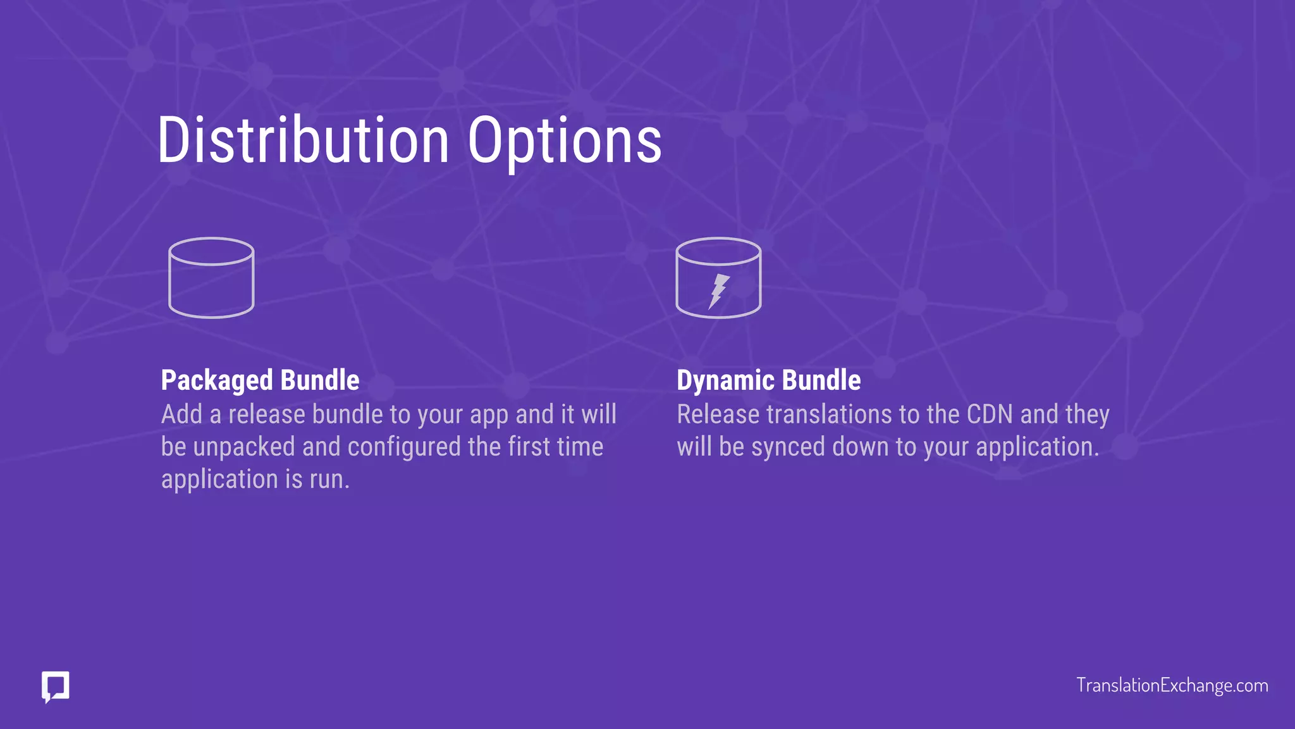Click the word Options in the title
point(565,141)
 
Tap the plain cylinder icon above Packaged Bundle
point(211,278)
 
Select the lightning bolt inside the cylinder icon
point(718,291)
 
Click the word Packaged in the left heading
point(216,381)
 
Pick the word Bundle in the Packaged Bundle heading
point(320,380)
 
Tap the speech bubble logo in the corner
point(56,687)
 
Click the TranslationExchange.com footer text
point(1172,685)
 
